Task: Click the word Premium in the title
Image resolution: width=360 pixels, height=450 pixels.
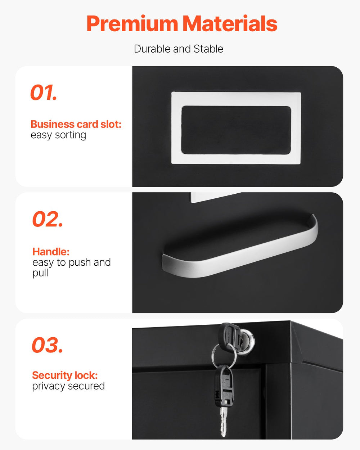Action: [x=132, y=24]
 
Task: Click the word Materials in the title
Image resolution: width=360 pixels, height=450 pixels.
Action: [x=230, y=24]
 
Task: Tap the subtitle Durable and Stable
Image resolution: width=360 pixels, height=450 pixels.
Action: [x=179, y=49]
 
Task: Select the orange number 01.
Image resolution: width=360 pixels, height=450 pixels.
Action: [x=44, y=93]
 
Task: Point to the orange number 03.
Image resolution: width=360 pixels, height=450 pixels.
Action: [x=47, y=345]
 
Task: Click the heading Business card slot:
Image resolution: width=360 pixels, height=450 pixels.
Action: [x=76, y=124]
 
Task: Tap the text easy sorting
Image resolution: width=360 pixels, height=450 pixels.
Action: [x=58, y=135]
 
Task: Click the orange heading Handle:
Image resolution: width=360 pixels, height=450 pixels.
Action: [x=51, y=252]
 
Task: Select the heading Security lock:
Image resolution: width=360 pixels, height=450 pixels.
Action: [x=65, y=375]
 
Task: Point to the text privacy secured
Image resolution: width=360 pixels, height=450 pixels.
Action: [x=68, y=386]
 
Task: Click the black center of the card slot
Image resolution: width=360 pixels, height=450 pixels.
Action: [x=236, y=130]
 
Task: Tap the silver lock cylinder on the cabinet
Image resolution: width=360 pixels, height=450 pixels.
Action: [x=247, y=340]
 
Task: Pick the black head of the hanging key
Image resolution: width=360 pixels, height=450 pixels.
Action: [x=224, y=385]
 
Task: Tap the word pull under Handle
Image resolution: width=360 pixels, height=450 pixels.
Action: [x=40, y=273]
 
